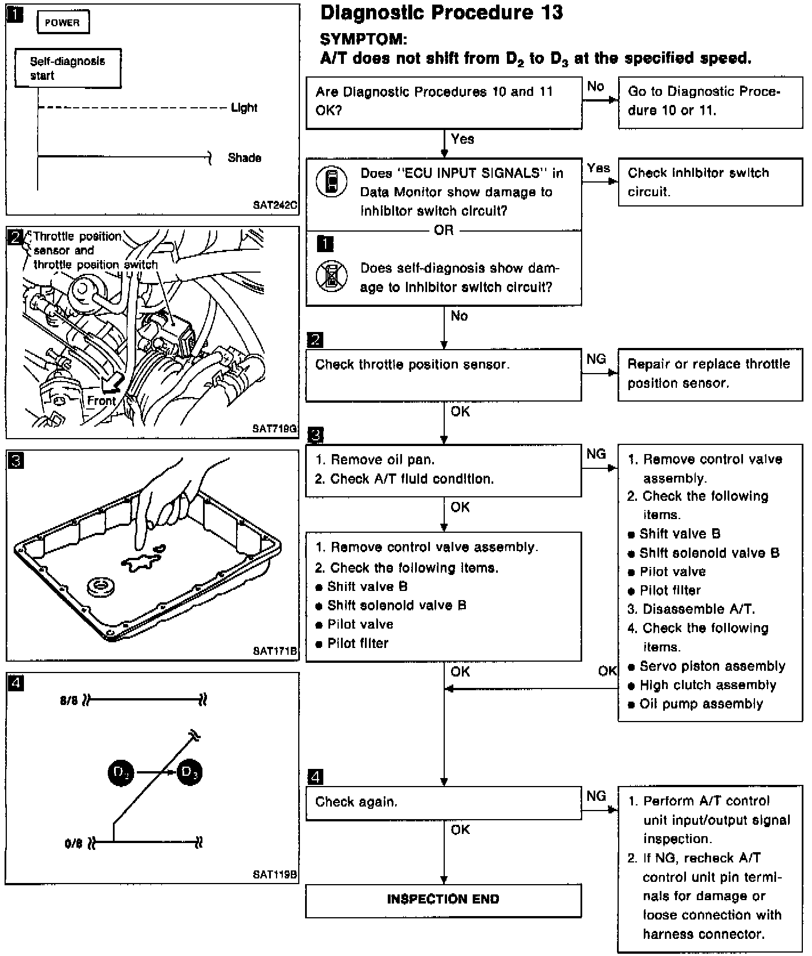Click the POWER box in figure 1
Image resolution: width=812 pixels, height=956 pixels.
click(63, 23)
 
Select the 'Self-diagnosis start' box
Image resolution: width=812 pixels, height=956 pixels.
click(68, 68)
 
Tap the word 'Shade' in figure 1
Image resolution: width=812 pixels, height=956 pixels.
click(244, 158)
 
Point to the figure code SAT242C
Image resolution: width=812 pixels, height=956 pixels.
click(275, 205)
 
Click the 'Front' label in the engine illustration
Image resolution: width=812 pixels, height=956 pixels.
click(101, 400)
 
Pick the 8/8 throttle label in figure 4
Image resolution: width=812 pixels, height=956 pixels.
click(68, 700)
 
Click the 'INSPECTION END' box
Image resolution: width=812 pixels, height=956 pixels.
click(443, 900)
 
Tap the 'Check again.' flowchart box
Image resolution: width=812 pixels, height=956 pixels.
click(443, 803)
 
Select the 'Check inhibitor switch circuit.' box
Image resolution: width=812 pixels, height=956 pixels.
click(709, 183)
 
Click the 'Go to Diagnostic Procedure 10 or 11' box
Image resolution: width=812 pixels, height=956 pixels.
click(709, 101)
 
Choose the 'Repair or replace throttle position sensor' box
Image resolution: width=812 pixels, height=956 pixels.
click(709, 374)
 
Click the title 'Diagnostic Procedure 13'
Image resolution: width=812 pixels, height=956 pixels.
click(441, 13)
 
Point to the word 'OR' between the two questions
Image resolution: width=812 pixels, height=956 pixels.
click(444, 230)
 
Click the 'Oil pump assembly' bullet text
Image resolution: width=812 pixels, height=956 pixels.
click(701, 704)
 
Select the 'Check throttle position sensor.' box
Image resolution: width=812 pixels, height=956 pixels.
click(443, 374)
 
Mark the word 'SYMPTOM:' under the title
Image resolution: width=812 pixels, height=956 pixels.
click(364, 39)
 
